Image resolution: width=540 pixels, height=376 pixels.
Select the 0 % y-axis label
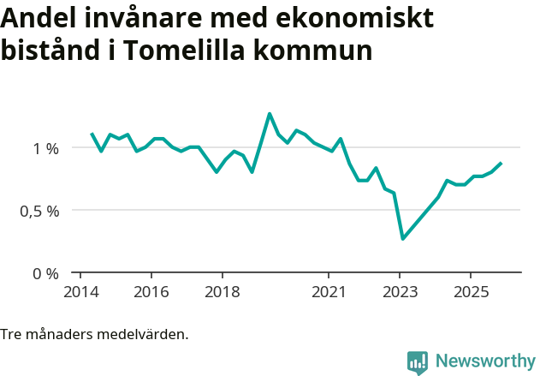45,274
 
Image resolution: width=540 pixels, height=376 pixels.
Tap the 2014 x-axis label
80,291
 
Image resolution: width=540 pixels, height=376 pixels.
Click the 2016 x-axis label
151,291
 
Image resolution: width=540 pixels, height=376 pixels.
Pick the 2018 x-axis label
222,291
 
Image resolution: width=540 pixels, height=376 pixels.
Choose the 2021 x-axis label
328,291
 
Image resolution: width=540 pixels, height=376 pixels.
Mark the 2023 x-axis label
399,291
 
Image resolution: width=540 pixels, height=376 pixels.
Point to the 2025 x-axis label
470,291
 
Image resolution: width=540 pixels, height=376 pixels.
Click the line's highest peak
270,113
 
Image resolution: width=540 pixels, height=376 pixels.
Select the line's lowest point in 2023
402,238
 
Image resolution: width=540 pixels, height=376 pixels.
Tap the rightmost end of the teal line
501,163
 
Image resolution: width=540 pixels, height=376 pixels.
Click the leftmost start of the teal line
92,133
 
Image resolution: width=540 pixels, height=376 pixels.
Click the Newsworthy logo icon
418,362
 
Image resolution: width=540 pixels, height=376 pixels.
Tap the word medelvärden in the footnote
142,334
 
